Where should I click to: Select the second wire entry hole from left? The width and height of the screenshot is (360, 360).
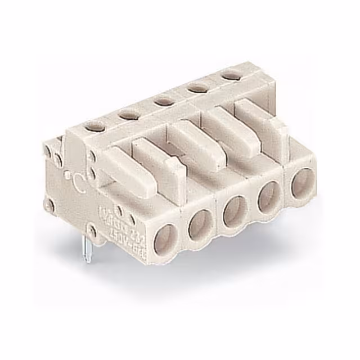pos(200,225)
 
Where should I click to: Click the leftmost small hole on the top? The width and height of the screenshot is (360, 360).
pos(96,127)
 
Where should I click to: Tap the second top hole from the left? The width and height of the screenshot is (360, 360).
pos(129,114)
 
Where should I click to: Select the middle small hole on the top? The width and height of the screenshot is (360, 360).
pos(163,101)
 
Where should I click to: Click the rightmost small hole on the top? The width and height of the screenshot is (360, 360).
pos(228,74)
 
